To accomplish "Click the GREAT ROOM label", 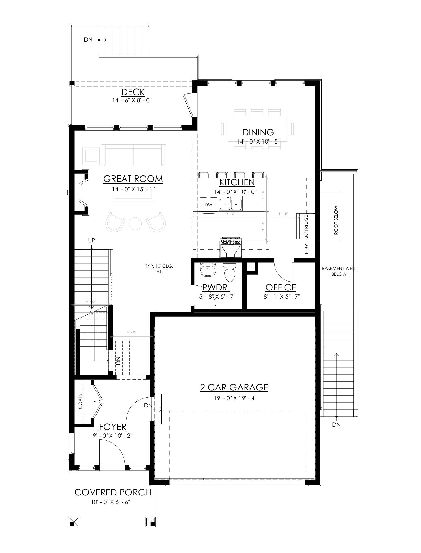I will pos(133,179).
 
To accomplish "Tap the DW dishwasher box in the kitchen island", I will pos(208,205).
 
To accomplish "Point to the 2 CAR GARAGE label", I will pos(234,387).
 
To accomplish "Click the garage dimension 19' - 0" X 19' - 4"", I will pos(234,398).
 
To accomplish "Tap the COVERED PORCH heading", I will pos(113,492).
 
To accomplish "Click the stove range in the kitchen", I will pos(230,248).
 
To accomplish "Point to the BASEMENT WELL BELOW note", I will pos(339,271).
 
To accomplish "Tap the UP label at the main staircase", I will pos(91,240).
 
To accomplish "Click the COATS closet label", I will pos(81,402).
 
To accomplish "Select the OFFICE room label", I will pos(281,287).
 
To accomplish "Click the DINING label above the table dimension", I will pos(258,133).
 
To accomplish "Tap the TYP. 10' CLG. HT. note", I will pos(159,269).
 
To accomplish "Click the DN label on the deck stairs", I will pos(88,40).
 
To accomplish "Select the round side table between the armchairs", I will pos(135,223).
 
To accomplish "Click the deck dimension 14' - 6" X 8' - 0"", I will pos(132,101).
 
